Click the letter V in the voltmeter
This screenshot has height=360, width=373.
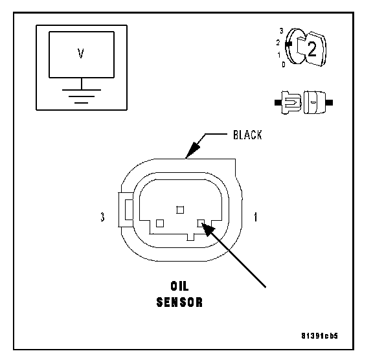click(x=81, y=53)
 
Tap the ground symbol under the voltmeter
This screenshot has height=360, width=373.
click(x=82, y=96)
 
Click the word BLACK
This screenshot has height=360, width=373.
click(x=247, y=135)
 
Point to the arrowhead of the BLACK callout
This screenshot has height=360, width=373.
click(x=192, y=150)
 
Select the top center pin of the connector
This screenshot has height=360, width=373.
click(x=180, y=210)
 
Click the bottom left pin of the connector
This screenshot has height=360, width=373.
click(x=160, y=223)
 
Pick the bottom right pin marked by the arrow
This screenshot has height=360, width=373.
click(x=201, y=223)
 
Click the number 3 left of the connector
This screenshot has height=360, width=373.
click(x=102, y=217)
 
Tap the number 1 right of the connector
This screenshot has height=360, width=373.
click(x=256, y=217)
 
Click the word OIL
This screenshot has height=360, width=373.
click(x=179, y=286)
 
